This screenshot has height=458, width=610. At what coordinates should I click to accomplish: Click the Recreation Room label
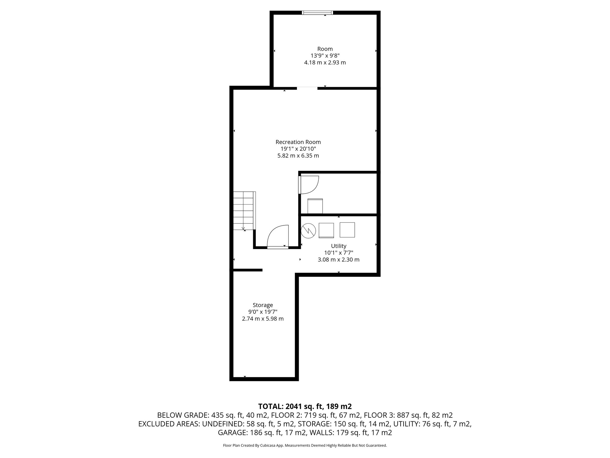(x=298, y=142)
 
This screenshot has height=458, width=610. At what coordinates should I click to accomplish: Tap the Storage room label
(x=263, y=305)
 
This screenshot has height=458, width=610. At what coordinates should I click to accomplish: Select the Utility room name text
(x=339, y=246)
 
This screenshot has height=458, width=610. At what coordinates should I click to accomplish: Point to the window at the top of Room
(x=317, y=13)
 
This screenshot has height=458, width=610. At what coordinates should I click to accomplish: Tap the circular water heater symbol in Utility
(x=308, y=230)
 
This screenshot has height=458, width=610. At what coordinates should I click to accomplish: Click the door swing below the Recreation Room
(x=278, y=236)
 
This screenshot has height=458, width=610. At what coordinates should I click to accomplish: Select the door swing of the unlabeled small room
(x=309, y=185)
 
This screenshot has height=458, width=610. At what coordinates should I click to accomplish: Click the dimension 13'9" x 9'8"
(x=325, y=56)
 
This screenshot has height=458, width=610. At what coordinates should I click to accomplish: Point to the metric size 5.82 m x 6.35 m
(x=298, y=156)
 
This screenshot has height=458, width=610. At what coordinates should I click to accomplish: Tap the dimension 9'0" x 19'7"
(x=263, y=312)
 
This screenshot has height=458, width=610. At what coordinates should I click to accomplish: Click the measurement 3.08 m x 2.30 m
(x=339, y=260)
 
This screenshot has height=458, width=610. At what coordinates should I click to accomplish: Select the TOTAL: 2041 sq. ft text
(x=305, y=406)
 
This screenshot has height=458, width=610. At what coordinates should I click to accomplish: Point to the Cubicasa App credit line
(x=305, y=445)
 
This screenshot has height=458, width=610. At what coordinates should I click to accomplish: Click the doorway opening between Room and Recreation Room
(x=307, y=88)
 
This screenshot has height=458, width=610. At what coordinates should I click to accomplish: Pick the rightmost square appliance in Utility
(x=347, y=230)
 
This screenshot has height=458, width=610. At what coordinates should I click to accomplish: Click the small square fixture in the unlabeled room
(x=315, y=206)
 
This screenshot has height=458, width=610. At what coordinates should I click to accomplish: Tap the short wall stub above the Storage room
(x=248, y=270)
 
